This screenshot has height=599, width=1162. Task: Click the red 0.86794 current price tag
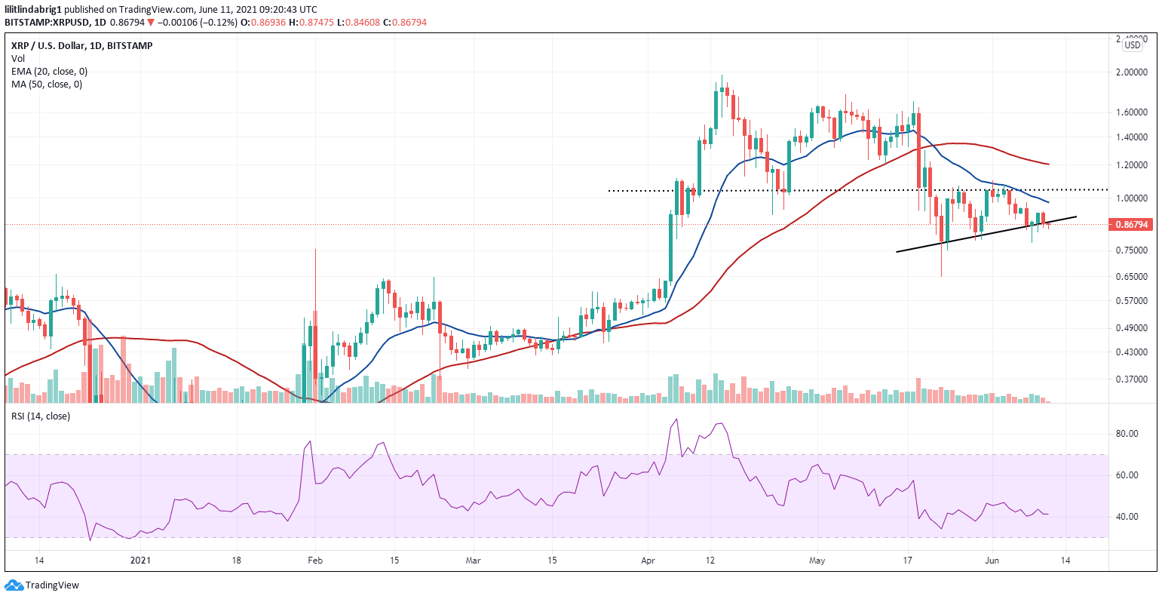(x=1131, y=225)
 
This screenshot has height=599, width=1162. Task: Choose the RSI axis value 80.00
(x=1127, y=434)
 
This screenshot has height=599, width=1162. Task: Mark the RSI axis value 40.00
(x=1127, y=517)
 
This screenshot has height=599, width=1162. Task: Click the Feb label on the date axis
(x=315, y=561)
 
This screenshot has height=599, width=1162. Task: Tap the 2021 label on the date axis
(x=142, y=561)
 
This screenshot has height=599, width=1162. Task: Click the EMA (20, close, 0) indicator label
(x=49, y=72)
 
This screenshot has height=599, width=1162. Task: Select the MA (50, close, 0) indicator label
(x=47, y=84)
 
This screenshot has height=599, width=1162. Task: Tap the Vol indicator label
(x=17, y=59)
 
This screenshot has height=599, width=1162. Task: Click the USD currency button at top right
(x=1132, y=45)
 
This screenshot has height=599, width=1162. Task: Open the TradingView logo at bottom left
(x=42, y=585)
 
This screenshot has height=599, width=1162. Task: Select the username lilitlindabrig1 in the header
(x=32, y=9)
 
